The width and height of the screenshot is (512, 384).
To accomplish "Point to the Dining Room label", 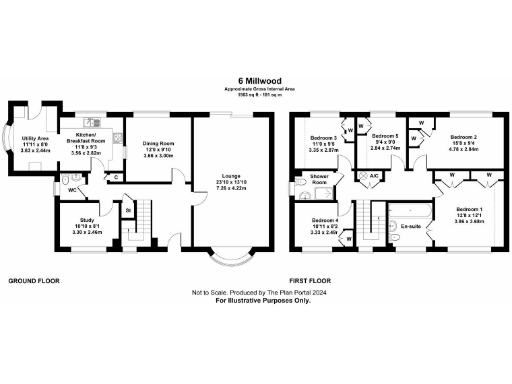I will [x=158, y=143].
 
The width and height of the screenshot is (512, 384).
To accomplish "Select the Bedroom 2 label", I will [x=462, y=136].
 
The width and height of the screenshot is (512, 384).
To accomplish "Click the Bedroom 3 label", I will [x=324, y=136].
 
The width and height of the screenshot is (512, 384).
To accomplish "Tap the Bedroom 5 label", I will [x=386, y=135].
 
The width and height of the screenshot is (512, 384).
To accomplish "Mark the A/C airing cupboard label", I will [x=373, y=176].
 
